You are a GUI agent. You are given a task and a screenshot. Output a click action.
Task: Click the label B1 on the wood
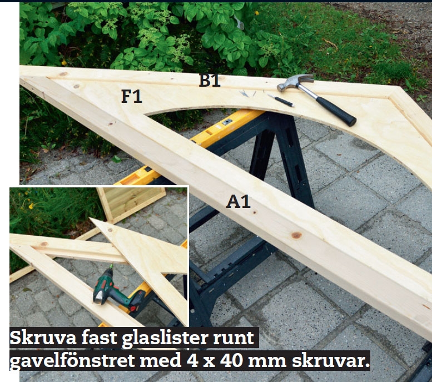[210, 80]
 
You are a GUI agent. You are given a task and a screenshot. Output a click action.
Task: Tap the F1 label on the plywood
[132, 96]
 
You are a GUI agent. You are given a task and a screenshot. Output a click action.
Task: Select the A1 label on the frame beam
[238, 201]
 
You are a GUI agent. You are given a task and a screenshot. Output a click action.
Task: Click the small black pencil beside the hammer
[280, 100]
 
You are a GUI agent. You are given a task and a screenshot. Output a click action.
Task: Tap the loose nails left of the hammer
[247, 93]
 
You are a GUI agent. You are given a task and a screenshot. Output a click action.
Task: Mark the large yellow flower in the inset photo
[31, 206]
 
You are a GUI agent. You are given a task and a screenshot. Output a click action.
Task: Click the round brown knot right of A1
[296, 235]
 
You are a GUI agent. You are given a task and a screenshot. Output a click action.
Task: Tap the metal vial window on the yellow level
[226, 122]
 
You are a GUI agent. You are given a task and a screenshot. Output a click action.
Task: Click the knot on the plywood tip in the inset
[111, 230]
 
